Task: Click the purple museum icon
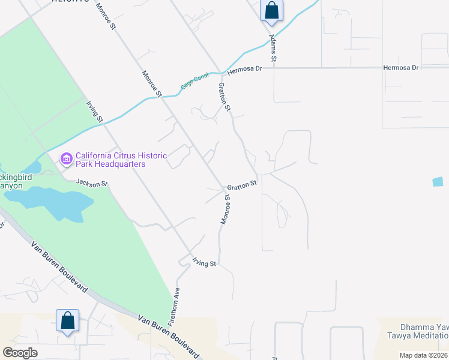66,159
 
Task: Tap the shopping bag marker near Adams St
271,11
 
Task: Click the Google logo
20,353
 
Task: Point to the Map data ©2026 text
423,355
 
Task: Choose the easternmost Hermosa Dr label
401,68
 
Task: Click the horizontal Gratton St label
241,186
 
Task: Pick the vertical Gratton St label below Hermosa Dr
224,97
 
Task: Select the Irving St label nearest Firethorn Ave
204,262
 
